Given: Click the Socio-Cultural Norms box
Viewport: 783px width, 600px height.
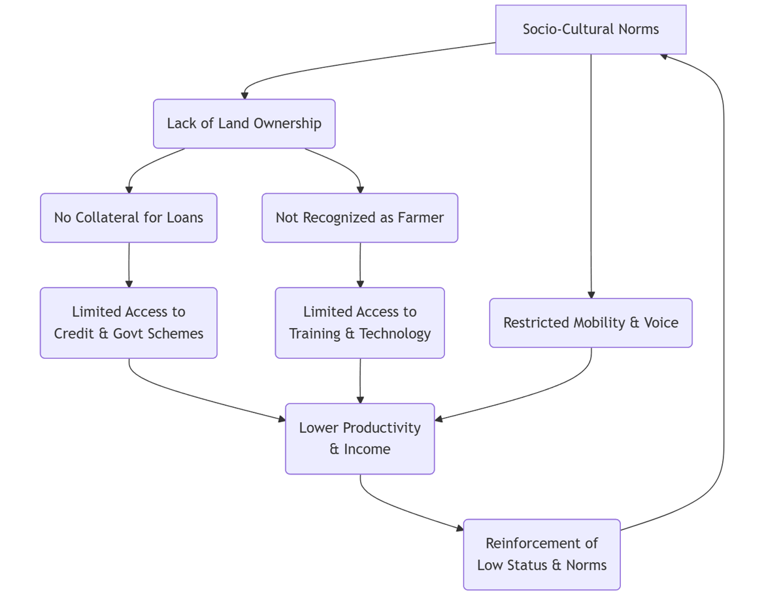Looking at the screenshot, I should pyautogui.click(x=590, y=29).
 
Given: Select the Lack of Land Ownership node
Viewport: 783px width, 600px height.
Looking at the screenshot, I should pyautogui.click(x=244, y=124).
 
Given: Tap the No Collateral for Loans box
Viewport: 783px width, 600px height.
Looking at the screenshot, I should pyautogui.click(x=128, y=218).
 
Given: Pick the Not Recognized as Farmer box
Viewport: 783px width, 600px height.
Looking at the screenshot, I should pyautogui.click(x=359, y=218).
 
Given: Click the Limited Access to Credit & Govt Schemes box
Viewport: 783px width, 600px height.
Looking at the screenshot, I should pyautogui.click(x=128, y=323).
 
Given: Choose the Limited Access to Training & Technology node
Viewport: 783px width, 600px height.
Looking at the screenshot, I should pyautogui.click(x=359, y=323).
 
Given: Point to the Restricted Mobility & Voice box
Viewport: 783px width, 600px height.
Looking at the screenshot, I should pyautogui.click(x=590, y=323).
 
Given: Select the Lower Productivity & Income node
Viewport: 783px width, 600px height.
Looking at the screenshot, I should pyautogui.click(x=359, y=439).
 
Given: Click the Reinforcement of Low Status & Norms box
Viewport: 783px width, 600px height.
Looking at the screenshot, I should pyautogui.click(x=541, y=554).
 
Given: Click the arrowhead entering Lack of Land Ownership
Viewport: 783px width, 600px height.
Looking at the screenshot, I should pyautogui.click(x=244, y=95).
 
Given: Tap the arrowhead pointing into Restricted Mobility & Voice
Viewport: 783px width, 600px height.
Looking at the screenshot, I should pyautogui.click(x=591, y=295).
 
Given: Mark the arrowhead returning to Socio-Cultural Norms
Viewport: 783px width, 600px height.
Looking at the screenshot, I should pyautogui.click(x=664, y=56).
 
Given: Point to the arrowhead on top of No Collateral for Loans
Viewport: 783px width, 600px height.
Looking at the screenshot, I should pyautogui.click(x=129, y=190).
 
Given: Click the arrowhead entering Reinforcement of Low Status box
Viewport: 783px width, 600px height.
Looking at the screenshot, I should pyautogui.click(x=459, y=529).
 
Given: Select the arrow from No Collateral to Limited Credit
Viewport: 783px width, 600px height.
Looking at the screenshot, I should pyautogui.click(x=129, y=265).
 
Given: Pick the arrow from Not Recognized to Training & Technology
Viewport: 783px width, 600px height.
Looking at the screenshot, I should pyautogui.click(x=359, y=265).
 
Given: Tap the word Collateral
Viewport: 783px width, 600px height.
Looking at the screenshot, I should pyautogui.click(x=108, y=218).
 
